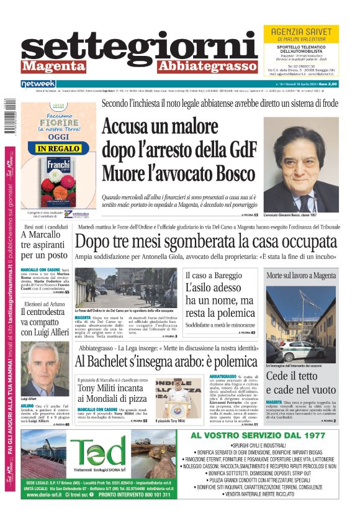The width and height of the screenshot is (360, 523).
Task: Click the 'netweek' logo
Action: tap(38, 83)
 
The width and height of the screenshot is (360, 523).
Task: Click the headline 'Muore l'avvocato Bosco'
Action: tap(178, 171)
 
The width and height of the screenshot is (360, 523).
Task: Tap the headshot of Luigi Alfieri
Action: tap(45, 368)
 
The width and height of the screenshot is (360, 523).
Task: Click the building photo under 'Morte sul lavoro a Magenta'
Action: tap(301, 321)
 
